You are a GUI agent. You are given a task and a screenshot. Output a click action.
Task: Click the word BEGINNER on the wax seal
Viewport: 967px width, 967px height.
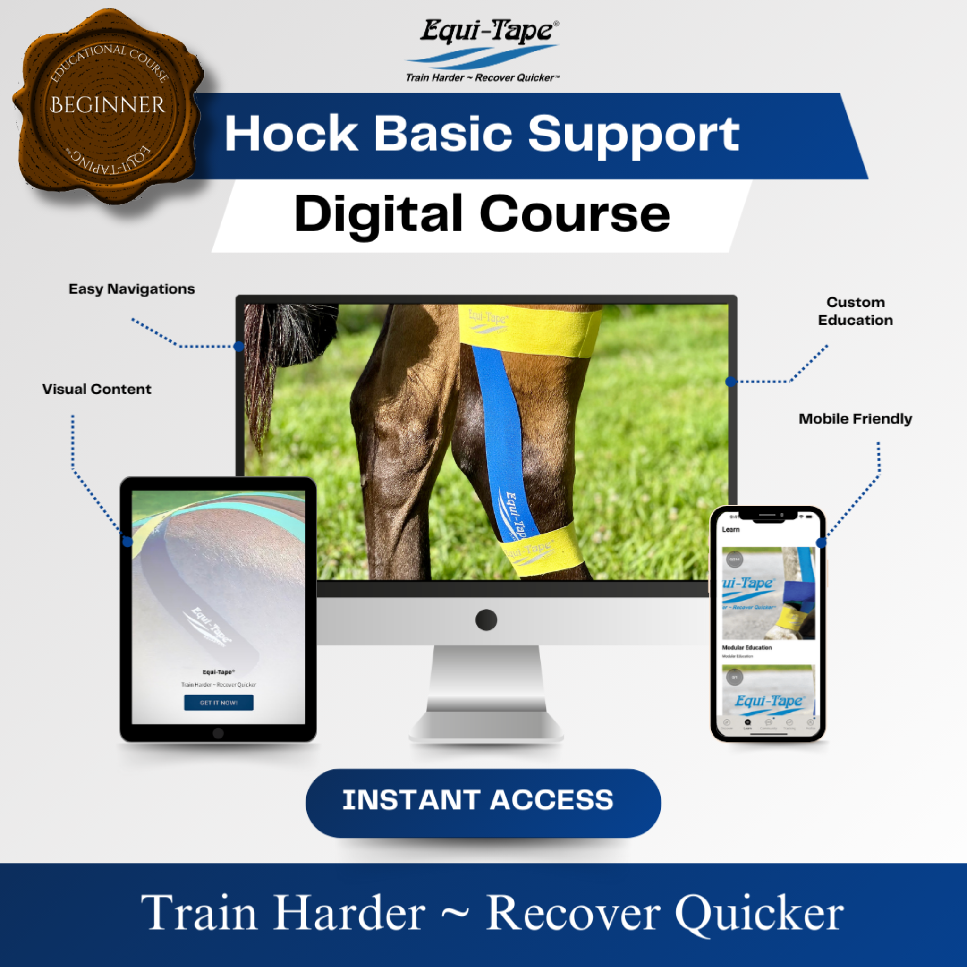click(x=107, y=105)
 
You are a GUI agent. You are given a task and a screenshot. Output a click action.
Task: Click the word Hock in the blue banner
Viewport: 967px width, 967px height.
click(x=291, y=134)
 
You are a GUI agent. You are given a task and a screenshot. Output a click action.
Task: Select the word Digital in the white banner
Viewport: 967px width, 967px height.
click(x=378, y=215)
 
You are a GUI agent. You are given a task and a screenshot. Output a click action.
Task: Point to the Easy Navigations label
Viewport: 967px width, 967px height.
click(x=132, y=289)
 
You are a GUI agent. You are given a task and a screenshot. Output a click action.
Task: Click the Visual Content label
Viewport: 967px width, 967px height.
click(x=97, y=389)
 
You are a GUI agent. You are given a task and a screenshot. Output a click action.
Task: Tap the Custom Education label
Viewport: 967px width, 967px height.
click(x=856, y=311)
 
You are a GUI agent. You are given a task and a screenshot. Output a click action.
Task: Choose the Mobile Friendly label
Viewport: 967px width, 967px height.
click(x=856, y=418)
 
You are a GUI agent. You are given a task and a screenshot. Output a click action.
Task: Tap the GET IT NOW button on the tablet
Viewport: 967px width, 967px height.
click(x=219, y=702)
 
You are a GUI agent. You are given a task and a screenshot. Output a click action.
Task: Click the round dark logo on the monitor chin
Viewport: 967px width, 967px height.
click(x=486, y=619)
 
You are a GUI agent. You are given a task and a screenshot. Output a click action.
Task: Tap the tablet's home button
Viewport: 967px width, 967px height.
click(x=218, y=733)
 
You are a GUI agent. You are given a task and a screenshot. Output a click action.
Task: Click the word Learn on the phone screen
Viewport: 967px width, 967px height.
click(x=731, y=530)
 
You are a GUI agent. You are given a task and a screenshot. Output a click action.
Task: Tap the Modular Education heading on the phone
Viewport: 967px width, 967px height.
click(x=747, y=647)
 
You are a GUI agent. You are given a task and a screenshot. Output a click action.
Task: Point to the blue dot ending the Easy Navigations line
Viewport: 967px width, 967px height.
click(x=239, y=347)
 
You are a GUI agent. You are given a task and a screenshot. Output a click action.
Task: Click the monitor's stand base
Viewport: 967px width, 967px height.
click(x=486, y=726)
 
